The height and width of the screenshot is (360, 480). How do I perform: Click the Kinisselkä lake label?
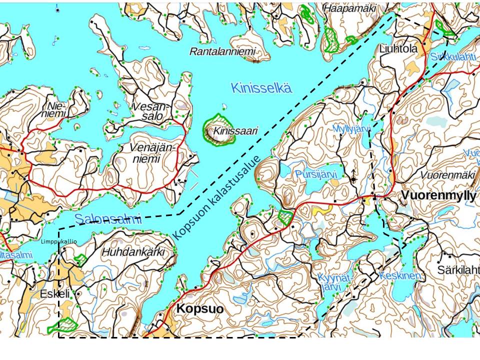click(x=261, y=88)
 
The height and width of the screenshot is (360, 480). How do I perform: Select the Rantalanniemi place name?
click(x=222, y=51)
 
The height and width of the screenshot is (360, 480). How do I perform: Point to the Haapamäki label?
click(x=348, y=8)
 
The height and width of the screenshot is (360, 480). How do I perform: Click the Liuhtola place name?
click(x=398, y=49)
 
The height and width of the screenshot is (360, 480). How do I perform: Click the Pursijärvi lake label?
click(x=316, y=174)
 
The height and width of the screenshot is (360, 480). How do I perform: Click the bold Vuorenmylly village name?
click(x=437, y=195)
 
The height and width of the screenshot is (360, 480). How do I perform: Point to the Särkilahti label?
click(x=457, y=270)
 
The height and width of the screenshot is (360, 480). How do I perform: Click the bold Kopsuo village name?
click(x=199, y=309)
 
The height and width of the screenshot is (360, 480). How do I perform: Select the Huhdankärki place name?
click(x=133, y=252)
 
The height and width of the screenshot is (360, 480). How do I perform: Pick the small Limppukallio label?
click(x=58, y=242)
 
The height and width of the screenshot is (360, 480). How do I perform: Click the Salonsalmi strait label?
click(x=108, y=218)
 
